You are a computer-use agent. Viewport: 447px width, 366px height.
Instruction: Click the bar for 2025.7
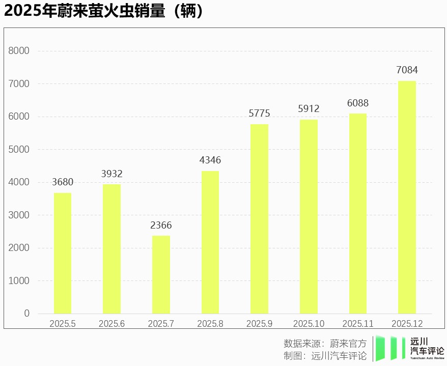click(161, 274)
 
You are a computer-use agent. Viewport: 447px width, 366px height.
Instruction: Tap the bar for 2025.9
click(259, 219)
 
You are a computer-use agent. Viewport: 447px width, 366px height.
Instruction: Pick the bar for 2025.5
click(62, 253)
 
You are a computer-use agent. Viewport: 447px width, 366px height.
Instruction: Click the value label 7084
click(407, 70)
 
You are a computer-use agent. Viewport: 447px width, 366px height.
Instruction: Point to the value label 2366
click(161, 225)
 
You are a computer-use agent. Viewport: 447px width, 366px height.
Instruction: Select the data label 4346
click(210, 160)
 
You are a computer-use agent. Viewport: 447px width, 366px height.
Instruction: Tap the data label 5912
click(309, 108)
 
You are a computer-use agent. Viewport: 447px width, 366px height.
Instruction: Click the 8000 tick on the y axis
click(19, 51)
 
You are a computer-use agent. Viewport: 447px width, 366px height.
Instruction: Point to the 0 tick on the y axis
click(26, 313)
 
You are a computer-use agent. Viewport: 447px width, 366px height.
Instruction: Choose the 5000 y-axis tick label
click(19, 149)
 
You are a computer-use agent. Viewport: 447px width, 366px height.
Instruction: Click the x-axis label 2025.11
click(358, 324)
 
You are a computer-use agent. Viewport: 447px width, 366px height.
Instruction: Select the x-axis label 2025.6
click(111, 324)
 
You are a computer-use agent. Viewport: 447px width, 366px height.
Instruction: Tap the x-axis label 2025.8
click(210, 324)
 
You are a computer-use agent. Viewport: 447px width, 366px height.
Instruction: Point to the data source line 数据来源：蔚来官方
click(325, 343)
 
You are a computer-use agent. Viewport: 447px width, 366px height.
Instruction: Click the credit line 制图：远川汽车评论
click(325, 356)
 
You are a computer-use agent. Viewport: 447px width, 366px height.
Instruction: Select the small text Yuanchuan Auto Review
click(427, 358)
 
